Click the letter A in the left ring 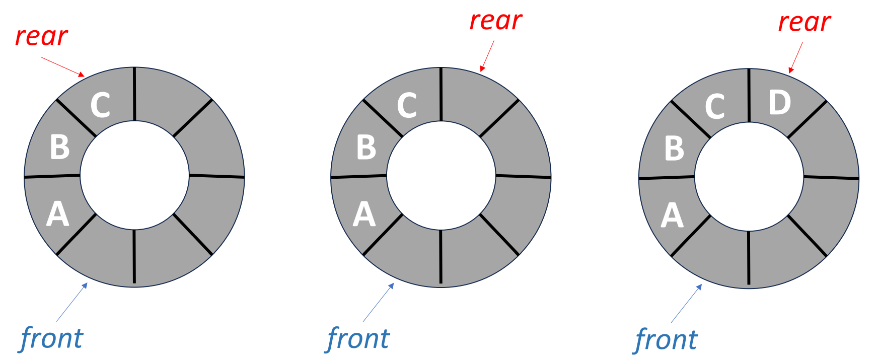pos(57,214)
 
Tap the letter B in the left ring pos(59,147)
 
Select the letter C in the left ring pos(100,105)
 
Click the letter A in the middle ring pos(364,214)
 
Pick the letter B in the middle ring pos(366,147)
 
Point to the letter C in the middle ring pos(407,105)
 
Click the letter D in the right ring pos(779,103)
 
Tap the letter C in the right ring pos(715,107)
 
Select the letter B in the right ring pos(674,148)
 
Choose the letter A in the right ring pos(672,215)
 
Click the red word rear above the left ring pos(41,37)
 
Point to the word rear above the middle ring pos(496,21)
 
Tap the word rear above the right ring pos(804,23)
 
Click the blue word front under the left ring pos(52,338)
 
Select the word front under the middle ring pos(358,338)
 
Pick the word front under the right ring pos(666,340)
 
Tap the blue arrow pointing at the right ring pos(686,304)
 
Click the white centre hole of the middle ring pos(441,175)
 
